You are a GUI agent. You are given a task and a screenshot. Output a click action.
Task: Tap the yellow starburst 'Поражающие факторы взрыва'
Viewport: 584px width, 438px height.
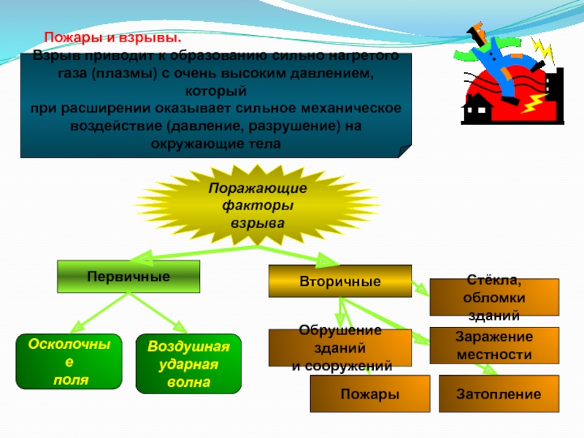pyautogui.click(x=257, y=206)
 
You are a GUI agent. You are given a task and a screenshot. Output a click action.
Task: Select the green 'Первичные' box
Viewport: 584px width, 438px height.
pyautogui.click(x=128, y=277)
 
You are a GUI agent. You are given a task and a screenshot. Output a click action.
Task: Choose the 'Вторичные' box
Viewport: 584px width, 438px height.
pyautogui.click(x=339, y=281)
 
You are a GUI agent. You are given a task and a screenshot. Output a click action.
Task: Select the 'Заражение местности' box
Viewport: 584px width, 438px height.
pyautogui.click(x=493, y=345)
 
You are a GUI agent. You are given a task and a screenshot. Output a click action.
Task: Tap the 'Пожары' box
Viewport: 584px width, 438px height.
pyautogui.click(x=369, y=394)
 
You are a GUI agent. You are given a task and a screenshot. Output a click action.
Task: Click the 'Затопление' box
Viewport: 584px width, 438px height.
pyautogui.click(x=499, y=394)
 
